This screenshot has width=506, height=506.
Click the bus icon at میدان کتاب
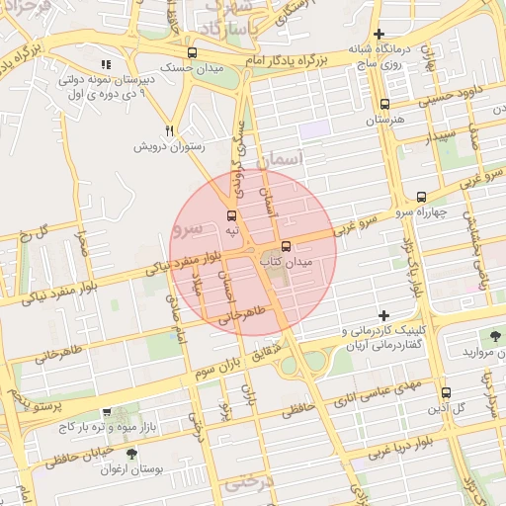point(287,246)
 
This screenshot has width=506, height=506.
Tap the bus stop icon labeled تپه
point(232,215)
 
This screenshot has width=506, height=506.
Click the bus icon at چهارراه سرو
point(422,197)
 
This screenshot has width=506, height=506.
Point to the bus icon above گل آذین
point(445,391)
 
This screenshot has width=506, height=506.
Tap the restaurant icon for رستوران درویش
point(170,130)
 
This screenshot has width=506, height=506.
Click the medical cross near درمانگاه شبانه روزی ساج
point(379,35)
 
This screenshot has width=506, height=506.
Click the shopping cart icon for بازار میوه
point(107,413)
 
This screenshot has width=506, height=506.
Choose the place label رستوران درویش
point(169,146)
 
